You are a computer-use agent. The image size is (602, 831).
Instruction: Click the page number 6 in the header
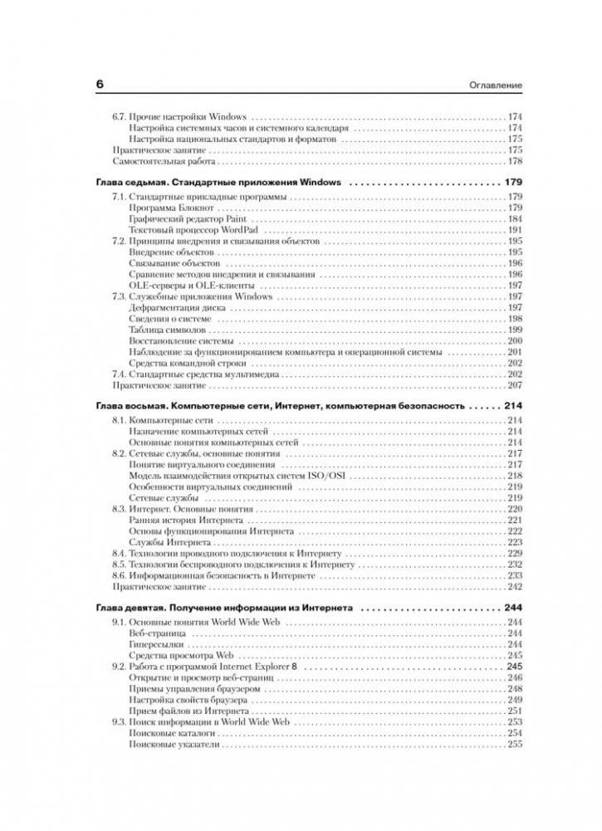coord(100,85)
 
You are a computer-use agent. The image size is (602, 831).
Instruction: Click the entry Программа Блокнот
coord(172,207)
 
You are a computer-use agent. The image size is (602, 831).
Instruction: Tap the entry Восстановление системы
coord(181,341)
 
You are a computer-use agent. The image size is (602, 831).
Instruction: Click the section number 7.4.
coord(120,374)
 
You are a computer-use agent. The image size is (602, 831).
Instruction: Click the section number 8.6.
coord(120,574)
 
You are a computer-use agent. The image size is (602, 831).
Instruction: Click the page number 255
coord(514,745)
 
